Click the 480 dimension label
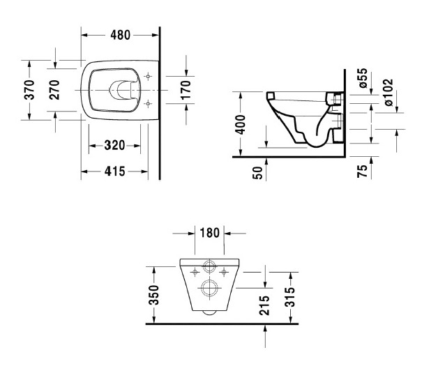point(121,33)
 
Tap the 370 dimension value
point(30,89)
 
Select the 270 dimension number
point(54,90)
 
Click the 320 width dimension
point(114,146)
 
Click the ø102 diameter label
point(388,93)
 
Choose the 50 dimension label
point(258,173)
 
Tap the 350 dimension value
point(155,295)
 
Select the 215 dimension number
point(265,305)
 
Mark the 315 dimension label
point(289,296)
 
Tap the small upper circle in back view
point(208,266)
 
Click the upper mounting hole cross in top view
point(147,77)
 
